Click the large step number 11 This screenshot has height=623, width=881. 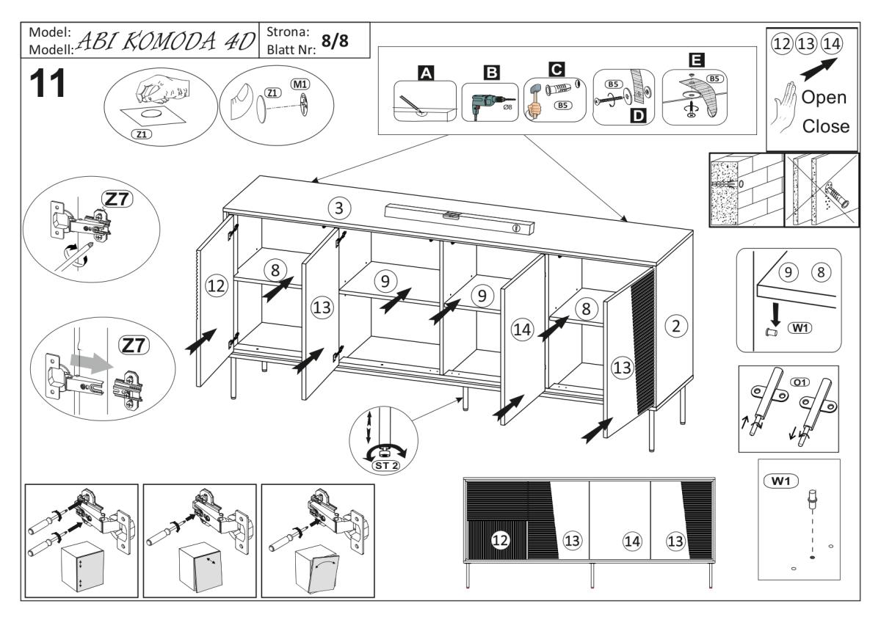click(x=47, y=83)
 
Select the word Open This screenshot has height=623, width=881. click(x=823, y=98)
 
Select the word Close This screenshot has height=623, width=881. click(x=826, y=125)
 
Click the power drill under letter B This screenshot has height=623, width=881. click(x=482, y=103)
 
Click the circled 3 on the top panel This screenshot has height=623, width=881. click(x=338, y=208)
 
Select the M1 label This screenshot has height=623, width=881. click(x=300, y=85)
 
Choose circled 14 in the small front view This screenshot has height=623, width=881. click(x=631, y=541)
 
